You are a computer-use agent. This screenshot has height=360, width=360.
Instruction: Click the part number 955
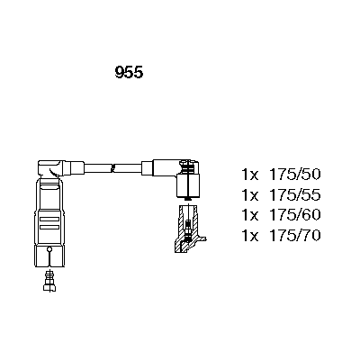pos(129,72)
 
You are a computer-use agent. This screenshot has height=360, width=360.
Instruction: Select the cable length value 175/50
pos(295,175)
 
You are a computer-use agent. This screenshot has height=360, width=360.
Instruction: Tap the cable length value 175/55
pos(295,195)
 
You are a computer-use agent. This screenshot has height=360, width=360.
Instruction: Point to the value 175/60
pos(295,215)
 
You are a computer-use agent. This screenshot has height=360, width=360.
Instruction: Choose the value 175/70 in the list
pos(295,236)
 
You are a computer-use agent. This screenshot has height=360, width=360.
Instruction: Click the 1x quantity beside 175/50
pos(250,175)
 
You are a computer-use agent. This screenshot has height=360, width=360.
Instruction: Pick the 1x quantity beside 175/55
pos(250,195)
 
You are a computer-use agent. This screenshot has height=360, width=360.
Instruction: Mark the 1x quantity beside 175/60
pos(250,215)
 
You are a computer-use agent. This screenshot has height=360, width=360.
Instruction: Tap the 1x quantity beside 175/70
pos(250,236)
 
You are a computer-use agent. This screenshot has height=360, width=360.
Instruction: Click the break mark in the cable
pos(113,168)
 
